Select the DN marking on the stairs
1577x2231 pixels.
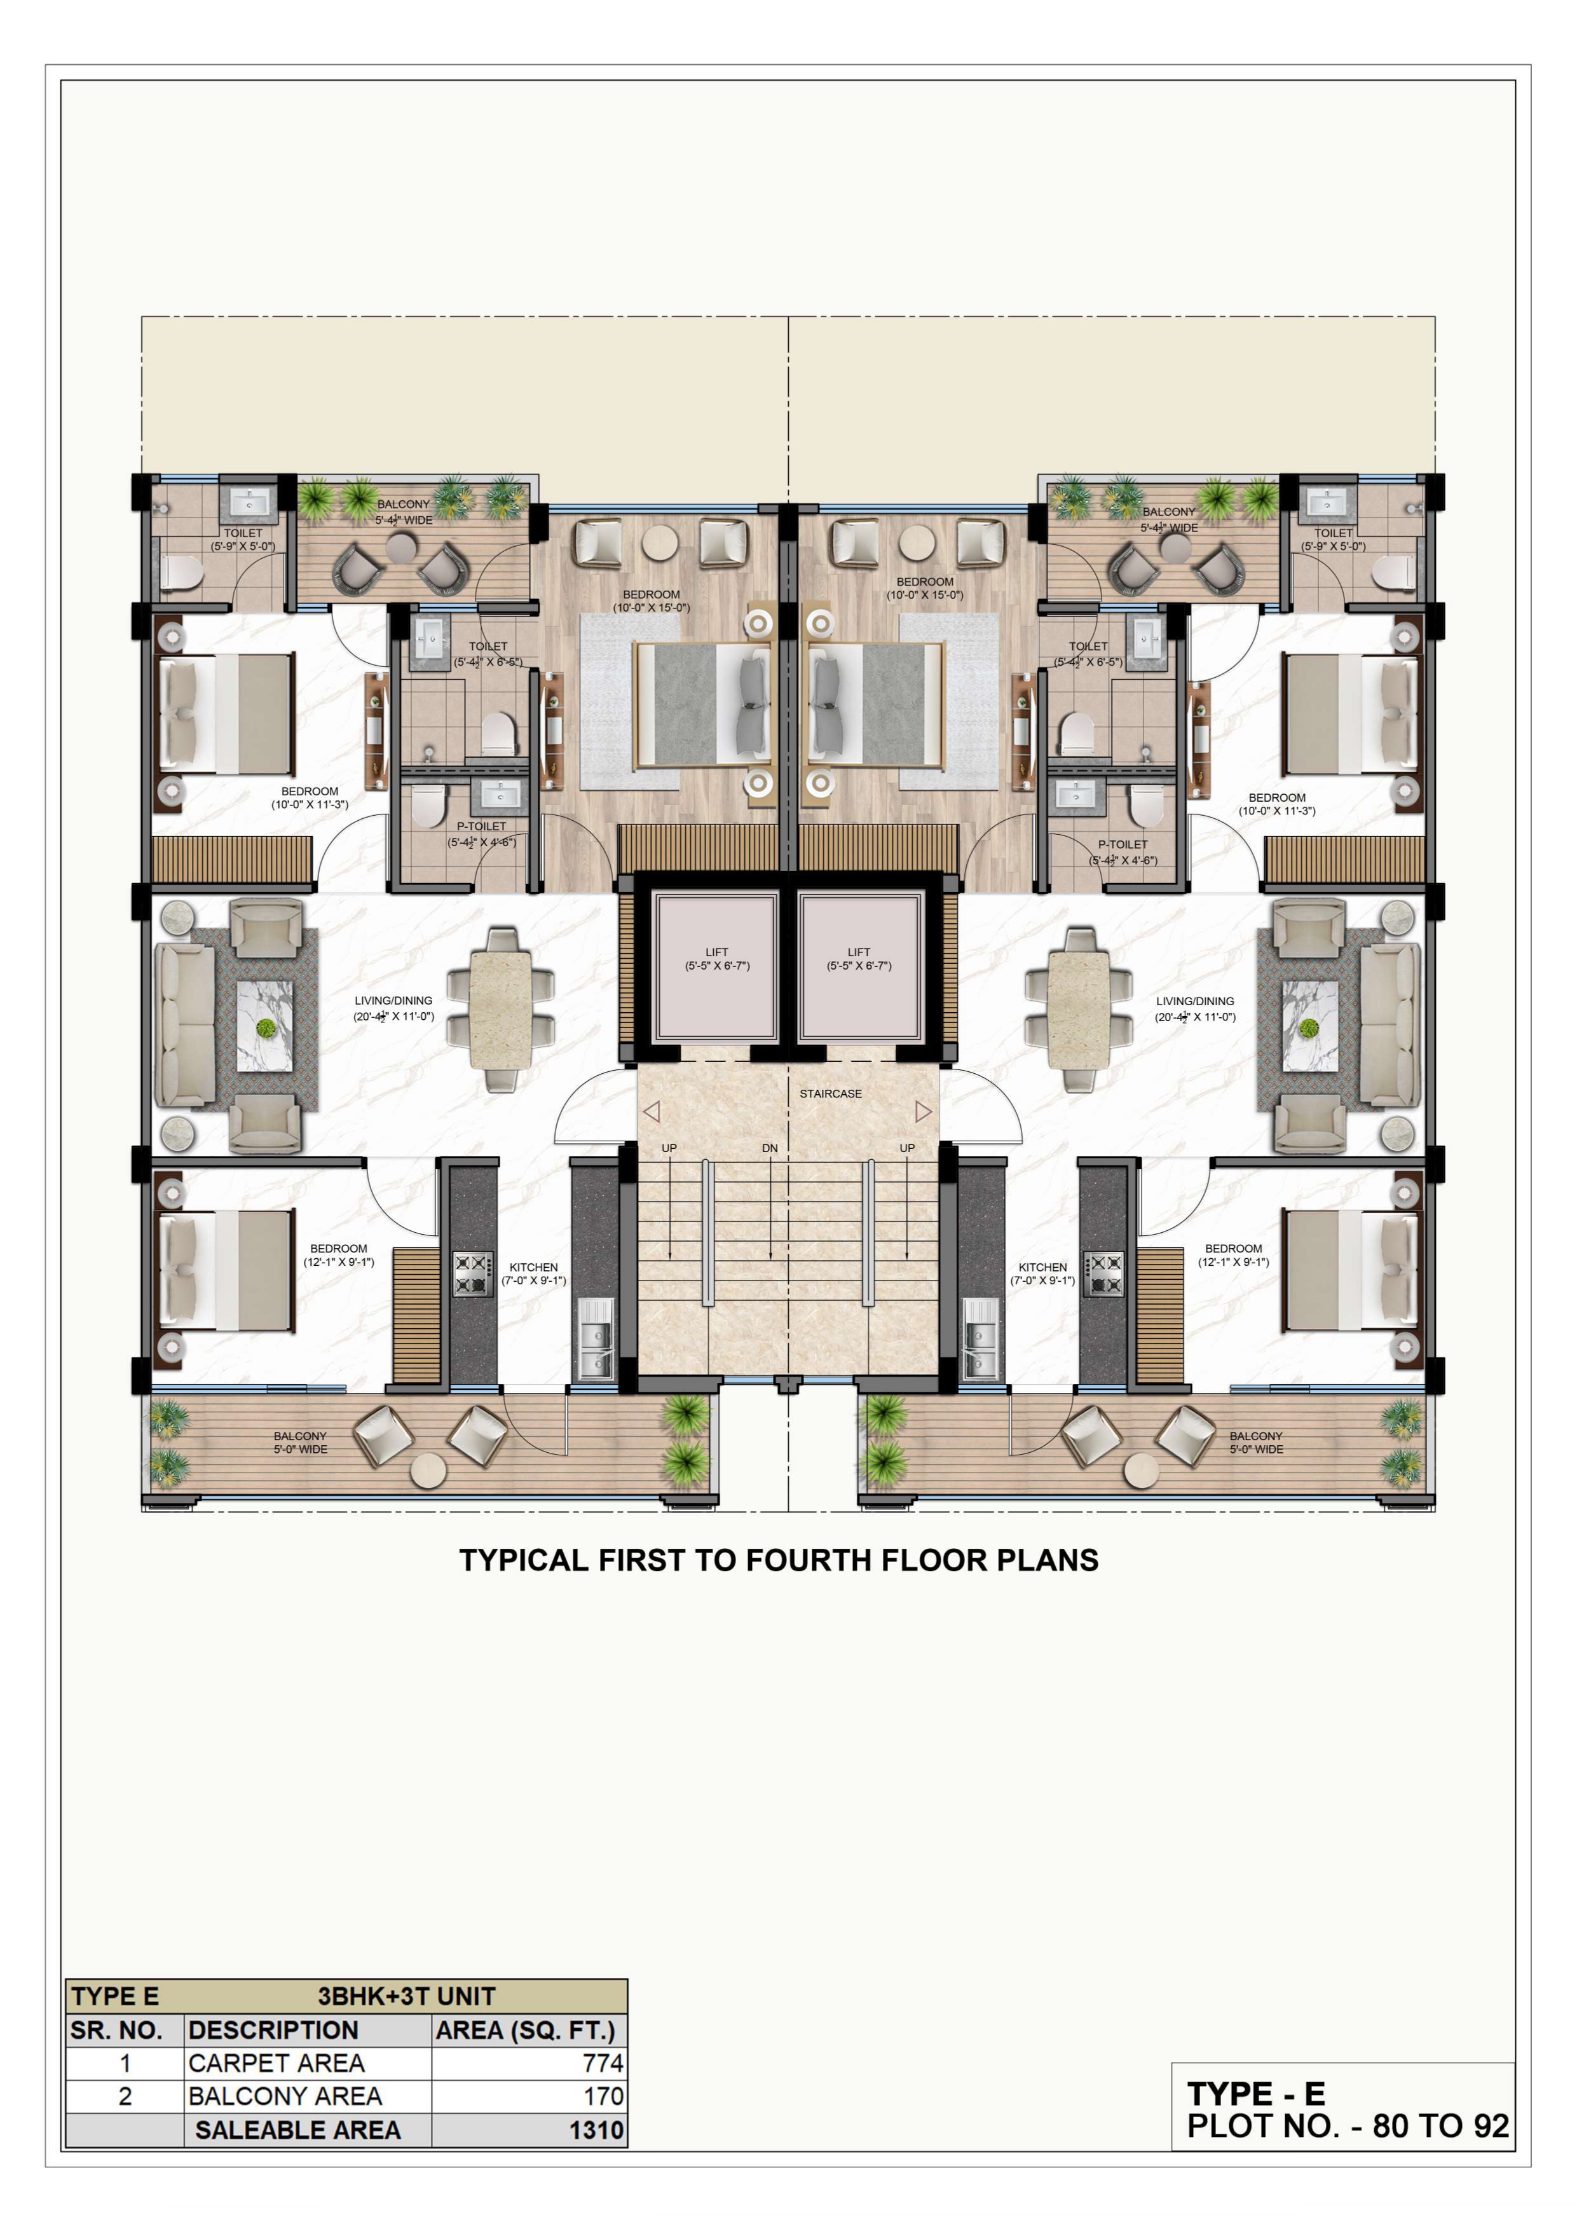click(770, 1148)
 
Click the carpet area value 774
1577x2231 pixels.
click(603, 2063)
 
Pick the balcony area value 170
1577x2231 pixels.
click(603, 2096)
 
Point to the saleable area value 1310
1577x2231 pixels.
click(597, 2130)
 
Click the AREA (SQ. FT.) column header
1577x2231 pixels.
click(526, 2030)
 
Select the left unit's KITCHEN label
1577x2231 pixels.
click(533, 1267)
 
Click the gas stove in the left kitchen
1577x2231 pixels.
click(473, 1274)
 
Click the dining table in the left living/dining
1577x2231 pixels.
click(500, 1010)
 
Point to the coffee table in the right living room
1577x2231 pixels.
click(1309, 1026)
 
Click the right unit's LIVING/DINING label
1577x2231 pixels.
click(1195, 1001)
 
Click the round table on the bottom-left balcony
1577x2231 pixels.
click(428, 1470)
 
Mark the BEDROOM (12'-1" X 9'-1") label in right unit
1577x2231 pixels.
click(1233, 1256)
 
